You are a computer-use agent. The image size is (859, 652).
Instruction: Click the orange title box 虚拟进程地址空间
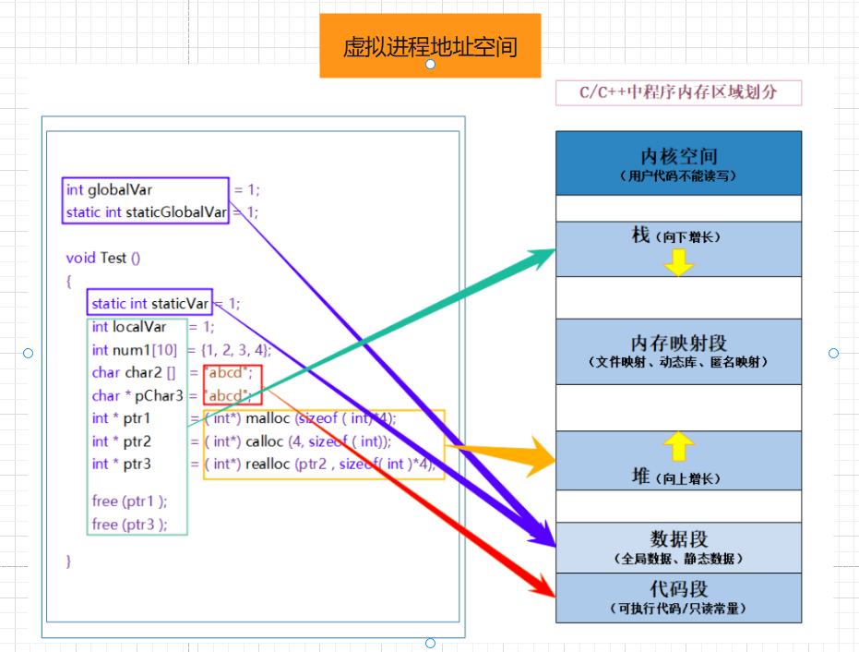pyautogui.click(x=430, y=45)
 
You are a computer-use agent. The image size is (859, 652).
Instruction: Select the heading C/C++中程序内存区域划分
pyautogui.click(x=678, y=92)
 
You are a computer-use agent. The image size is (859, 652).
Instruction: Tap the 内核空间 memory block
pyautogui.click(x=678, y=162)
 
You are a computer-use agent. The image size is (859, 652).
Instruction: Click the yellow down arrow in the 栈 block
pyautogui.click(x=678, y=262)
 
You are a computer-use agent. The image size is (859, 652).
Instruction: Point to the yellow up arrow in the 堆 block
pyautogui.click(x=678, y=447)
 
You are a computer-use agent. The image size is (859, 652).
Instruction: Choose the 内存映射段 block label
pyautogui.click(x=678, y=344)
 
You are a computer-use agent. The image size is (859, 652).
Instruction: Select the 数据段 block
pyautogui.click(x=678, y=547)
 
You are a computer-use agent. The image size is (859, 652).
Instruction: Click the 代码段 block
pyautogui.click(x=678, y=597)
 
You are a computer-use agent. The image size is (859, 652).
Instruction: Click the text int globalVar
pyautogui.click(x=110, y=189)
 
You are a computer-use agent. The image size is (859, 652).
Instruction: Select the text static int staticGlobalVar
pyautogui.click(x=146, y=212)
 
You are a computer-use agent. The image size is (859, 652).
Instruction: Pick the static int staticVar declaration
pyautogui.click(x=150, y=303)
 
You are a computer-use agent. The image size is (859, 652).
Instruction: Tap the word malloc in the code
pyautogui.click(x=268, y=418)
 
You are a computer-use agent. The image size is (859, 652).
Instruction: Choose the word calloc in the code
pyautogui.click(x=265, y=441)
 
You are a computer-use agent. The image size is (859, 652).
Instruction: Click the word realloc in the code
pyautogui.click(x=268, y=464)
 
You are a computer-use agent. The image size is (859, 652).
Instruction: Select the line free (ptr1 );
pyautogui.click(x=130, y=501)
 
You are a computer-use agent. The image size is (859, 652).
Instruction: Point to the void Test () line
pyautogui.click(x=103, y=258)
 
